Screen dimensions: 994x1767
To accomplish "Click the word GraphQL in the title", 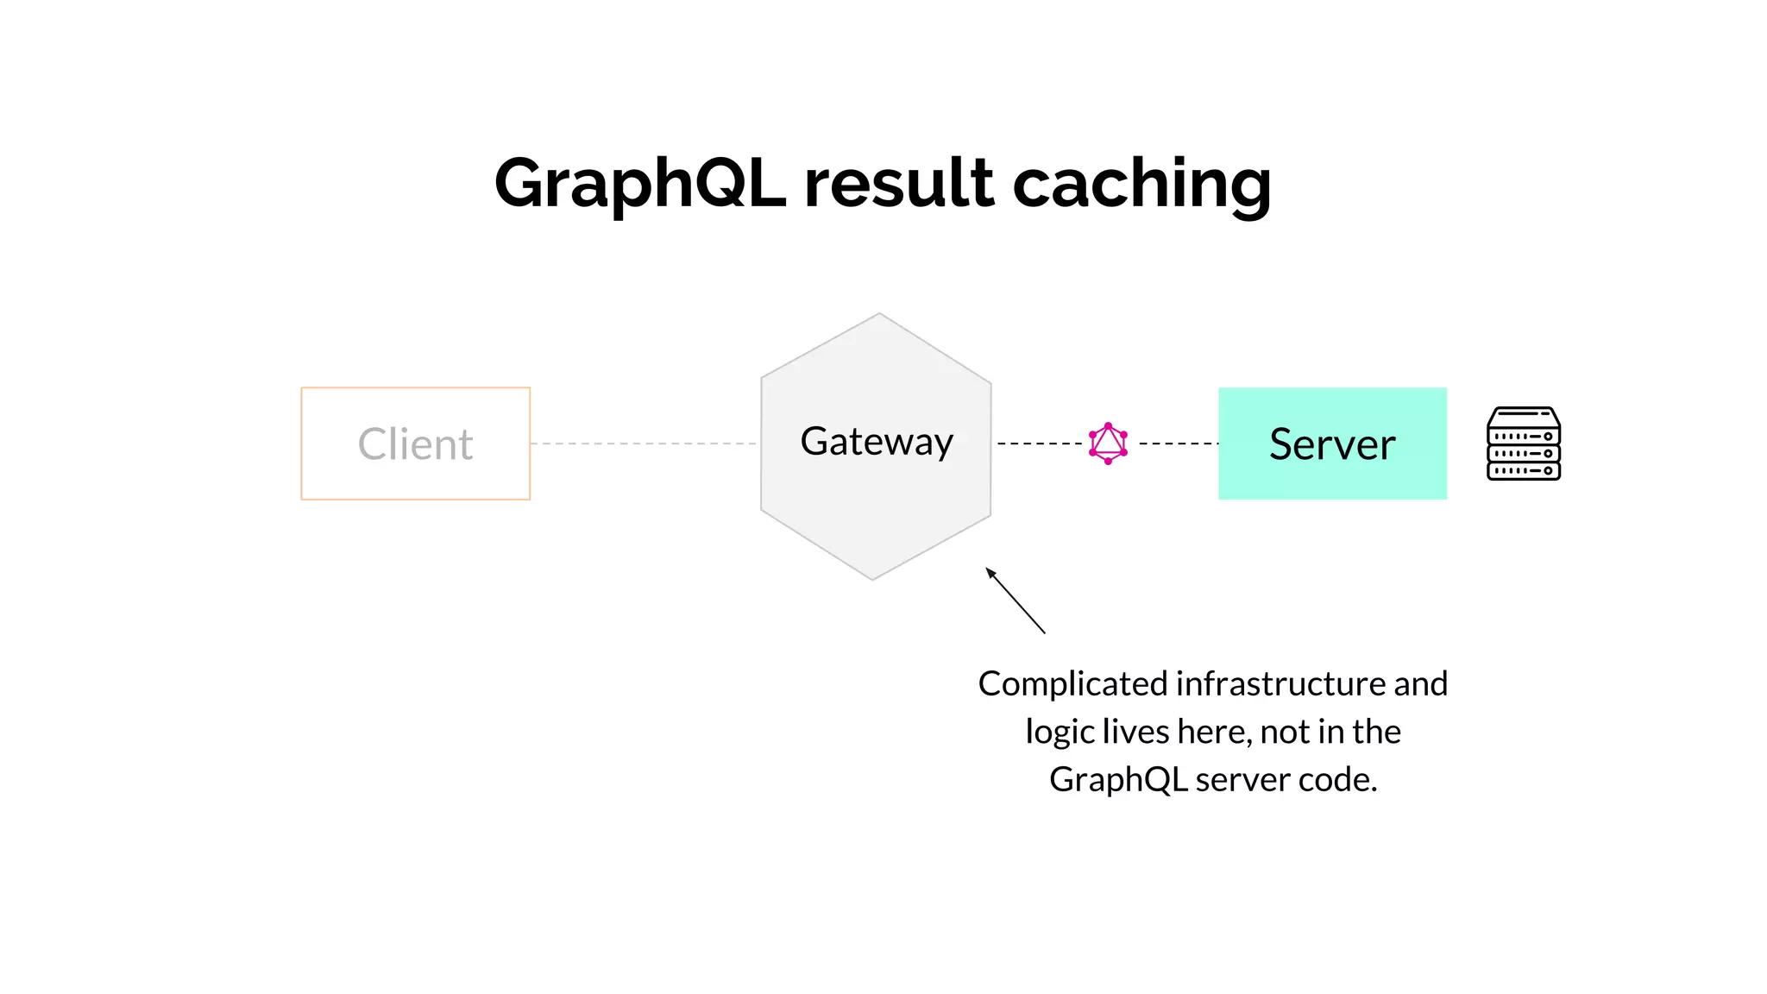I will [639, 184].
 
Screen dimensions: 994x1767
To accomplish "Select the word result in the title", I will [898, 184].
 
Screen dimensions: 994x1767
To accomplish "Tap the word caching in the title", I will [1141, 184].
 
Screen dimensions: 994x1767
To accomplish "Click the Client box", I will [415, 444].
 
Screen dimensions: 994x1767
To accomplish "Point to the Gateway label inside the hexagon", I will [877, 442].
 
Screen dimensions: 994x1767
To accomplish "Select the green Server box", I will [1332, 444].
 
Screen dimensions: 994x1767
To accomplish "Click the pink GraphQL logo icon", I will [1109, 444].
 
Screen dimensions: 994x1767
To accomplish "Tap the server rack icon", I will [1524, 444].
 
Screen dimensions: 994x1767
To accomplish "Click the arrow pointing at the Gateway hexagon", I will [1016, 601].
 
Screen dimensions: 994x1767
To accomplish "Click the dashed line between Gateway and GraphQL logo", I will [1039, 444].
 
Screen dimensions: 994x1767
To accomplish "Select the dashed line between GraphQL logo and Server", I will [1178, 444].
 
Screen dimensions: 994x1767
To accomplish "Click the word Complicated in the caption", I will [1072, 684].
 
